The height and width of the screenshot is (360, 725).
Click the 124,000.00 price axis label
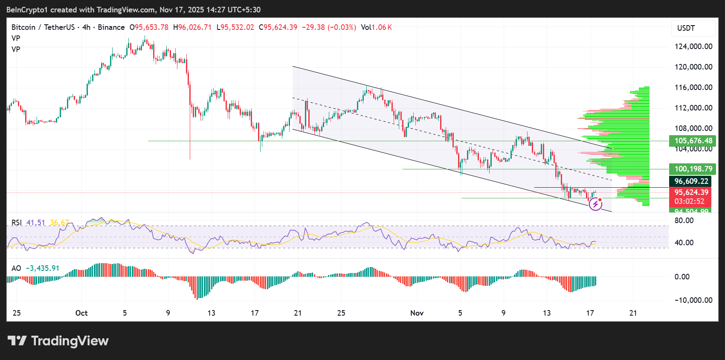coord(693,46)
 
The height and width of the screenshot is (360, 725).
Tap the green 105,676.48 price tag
coord(693,141)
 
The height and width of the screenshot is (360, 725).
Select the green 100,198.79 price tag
coord(693,169)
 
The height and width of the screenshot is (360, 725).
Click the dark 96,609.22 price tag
coord(691,181)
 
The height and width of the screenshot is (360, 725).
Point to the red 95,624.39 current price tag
coord(691,192)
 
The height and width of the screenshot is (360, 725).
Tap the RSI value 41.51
coord(35,223)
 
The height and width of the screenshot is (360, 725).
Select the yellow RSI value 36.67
coord(59,223)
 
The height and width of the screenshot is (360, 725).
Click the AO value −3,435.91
coord(43,268)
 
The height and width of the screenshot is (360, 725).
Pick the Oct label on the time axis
coord(81,313)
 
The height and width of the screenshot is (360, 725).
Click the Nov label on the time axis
coord(417,313)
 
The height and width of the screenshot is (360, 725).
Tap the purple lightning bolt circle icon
coord(595,204)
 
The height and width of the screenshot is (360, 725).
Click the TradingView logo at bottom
coord(58,341)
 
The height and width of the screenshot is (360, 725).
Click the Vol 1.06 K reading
coord(376,27)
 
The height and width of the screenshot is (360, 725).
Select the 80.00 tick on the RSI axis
coord(684,221)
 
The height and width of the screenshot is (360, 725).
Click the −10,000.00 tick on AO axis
coord(693,300)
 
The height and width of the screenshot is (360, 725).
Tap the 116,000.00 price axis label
coord(693,87)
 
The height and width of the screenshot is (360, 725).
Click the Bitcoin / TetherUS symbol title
coord(43,27)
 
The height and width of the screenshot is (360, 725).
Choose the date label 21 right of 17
coord(633,313)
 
